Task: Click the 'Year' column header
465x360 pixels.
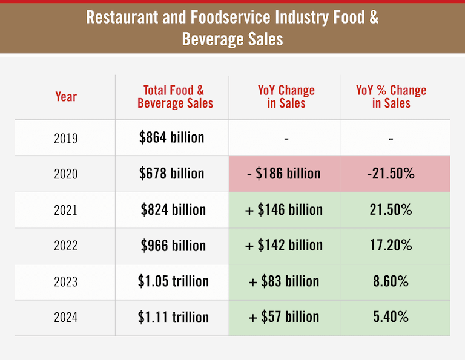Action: (66, 97)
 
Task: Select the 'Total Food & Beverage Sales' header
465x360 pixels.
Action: (175, 97)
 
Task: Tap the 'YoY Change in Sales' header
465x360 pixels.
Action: (286, 97)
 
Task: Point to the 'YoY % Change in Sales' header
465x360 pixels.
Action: (391, 97)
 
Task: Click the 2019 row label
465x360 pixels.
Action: (66, 138)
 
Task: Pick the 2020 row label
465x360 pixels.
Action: (66, 174)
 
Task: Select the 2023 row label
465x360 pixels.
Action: (66, 282)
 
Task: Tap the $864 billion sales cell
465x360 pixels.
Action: (172, 137)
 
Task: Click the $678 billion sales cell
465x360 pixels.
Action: (172, 174)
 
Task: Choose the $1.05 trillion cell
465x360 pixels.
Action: (173, 281)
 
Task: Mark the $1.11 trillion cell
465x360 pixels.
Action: (173, 317)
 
